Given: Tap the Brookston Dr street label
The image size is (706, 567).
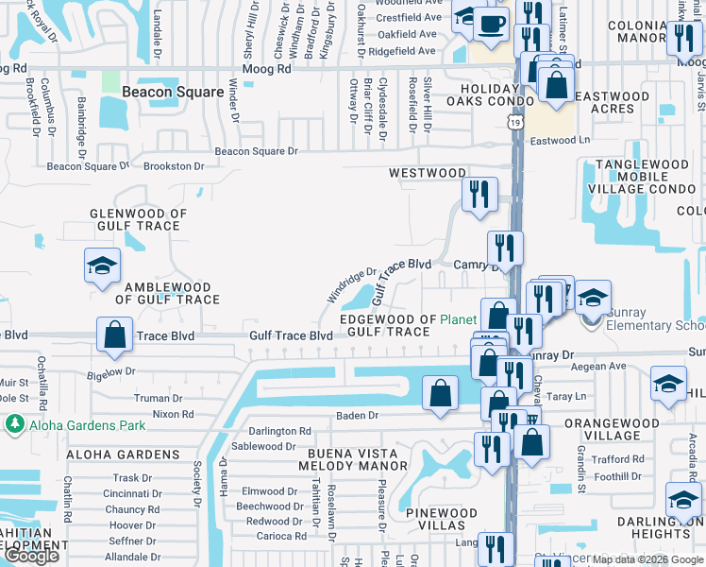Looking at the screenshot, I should coord(174,166).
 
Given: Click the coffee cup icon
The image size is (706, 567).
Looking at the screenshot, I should coord(490,24).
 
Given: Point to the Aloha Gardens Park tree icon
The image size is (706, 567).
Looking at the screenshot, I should coord(14,425).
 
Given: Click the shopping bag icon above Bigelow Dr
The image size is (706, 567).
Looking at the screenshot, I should coord(114,335).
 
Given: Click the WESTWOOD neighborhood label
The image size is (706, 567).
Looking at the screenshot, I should coord(428,174).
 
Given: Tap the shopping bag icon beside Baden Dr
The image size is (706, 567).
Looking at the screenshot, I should coord(441,393).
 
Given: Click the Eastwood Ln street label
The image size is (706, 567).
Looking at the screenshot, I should coord(559,141).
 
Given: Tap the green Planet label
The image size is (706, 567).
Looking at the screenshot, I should coord(459,319).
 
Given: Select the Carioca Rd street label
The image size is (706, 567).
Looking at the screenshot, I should coord(281,536).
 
